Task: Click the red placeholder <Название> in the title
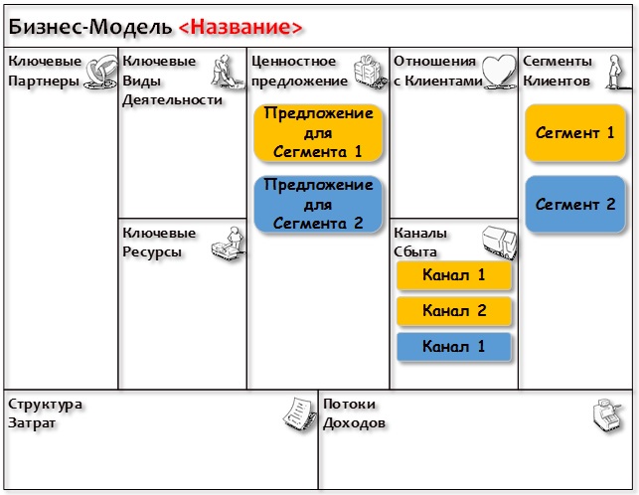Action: (x=240, y=27)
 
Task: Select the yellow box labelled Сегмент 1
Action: (x=575, y=133)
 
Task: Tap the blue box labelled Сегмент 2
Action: (x=575, y=204)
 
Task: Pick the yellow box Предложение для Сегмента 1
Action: (x=318, y=133)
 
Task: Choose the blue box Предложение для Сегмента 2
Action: (x=318, y=204)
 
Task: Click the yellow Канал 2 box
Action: (x=453, y=311)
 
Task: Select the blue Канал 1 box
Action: (x=453, y=347)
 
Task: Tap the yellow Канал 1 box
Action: (x=453, y=275)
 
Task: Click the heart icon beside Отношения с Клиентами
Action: (x=499, y=72)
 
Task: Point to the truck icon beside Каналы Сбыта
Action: (x=499, y=243)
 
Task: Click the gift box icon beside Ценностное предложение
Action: (x=370, y=72)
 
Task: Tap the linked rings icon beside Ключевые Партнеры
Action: (x=100, y=72)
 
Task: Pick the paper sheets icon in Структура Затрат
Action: (x=300, y=413)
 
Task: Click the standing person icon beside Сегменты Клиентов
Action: (x=615, y=73)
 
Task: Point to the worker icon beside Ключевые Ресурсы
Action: (x=229, y=244)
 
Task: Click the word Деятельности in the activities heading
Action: (x=172, y=100)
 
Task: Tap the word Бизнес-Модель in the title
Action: (x=90, y=27)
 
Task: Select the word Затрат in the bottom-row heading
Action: (x=32, y=422)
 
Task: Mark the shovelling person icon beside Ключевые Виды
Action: (x=228, y=72)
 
